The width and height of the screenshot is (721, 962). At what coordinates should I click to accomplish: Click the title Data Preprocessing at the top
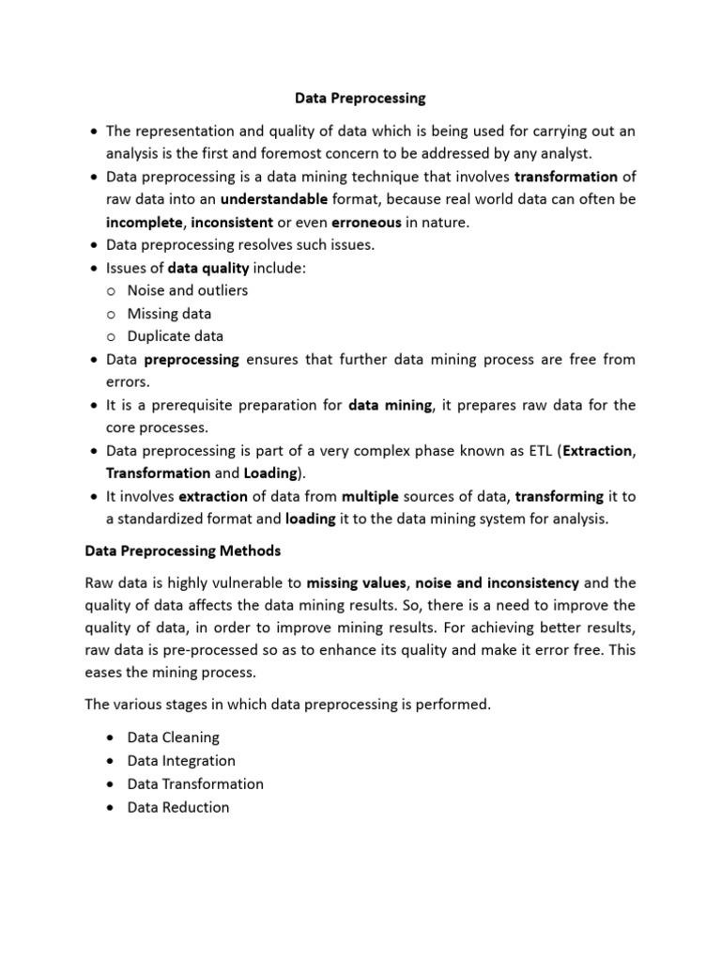tap(360, 98)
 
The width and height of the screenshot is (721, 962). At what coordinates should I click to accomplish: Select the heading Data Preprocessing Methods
tap(182, 551)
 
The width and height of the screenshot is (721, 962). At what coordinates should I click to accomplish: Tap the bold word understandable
tap(274, 199)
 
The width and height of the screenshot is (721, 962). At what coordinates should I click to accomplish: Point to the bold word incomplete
tap(145, 222)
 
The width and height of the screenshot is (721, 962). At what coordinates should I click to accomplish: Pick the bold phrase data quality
tap(207, 268)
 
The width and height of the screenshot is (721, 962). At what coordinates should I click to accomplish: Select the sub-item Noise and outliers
tap(188, 290)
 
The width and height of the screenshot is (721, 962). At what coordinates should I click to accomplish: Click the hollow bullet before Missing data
tap(111, 314)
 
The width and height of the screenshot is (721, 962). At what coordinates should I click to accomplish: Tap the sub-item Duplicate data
tap(176, 336)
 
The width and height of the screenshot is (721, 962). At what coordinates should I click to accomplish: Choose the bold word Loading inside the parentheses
tap(269, 473)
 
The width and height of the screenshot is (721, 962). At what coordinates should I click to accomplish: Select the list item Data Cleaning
tap(173, 738)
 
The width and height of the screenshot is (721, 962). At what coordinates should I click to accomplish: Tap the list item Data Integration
tap(181, 761)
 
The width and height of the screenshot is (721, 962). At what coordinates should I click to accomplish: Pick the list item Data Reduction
tap(178, 807)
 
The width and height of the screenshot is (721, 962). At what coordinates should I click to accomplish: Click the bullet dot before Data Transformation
tap(112, 784)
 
